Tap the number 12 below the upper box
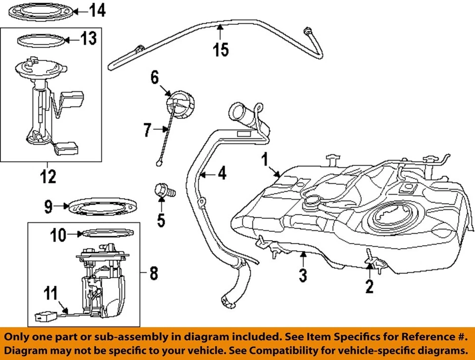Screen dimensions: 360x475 click(x=48, y=176)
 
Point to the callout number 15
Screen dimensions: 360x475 click(x=221, y=50)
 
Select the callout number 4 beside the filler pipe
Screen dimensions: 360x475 click(x=222, y=174)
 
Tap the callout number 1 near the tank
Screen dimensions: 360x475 click(x=265, y=159)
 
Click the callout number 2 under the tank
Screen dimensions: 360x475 click(x=369, y=286)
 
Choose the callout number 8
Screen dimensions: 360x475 click(x=154, y=272)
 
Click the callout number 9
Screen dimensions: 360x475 click(x=48, y=206)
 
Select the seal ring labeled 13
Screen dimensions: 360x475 click(x=42, y=40)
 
